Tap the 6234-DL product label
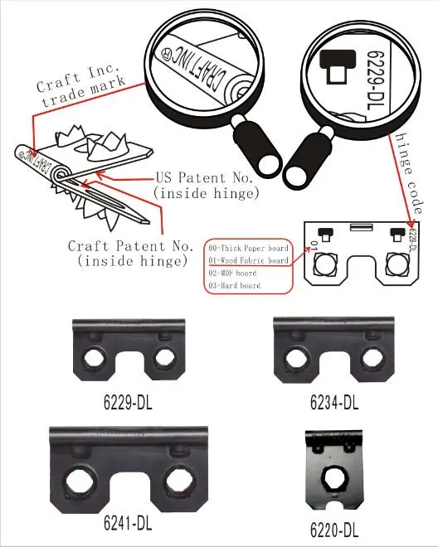(333, 404)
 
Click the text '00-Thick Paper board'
(248, 247)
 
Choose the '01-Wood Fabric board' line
(248, 259)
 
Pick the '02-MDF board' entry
(236, 272)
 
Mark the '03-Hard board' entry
(235, 285)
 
